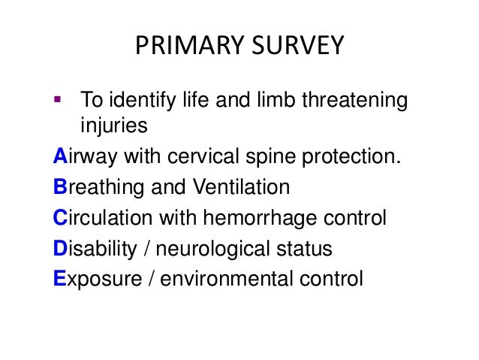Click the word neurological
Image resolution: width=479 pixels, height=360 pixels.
(x=224, y=249)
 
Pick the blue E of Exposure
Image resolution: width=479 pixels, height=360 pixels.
(x=60, y=279)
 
